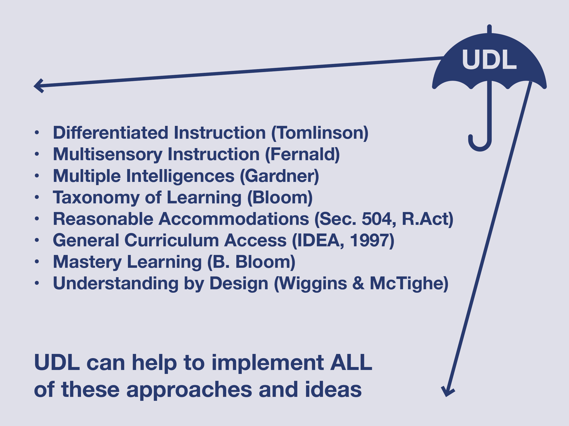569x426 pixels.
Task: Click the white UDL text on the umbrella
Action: [x=489, y=60]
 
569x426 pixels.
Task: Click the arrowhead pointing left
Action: [x=39, y=86]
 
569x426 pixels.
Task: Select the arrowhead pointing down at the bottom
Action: [x=448, y=392]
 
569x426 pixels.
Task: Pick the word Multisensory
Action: [x=107, y=155]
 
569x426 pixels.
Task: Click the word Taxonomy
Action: [x=96, y=198]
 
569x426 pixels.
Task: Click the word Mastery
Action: [x=87, y=262]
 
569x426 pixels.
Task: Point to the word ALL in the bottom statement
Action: [x=351, y=363]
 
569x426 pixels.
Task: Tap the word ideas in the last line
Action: [x=333, y=389]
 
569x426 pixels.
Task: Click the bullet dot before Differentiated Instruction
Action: [x=37, y=133]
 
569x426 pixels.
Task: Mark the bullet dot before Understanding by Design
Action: [x=37, y=283]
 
